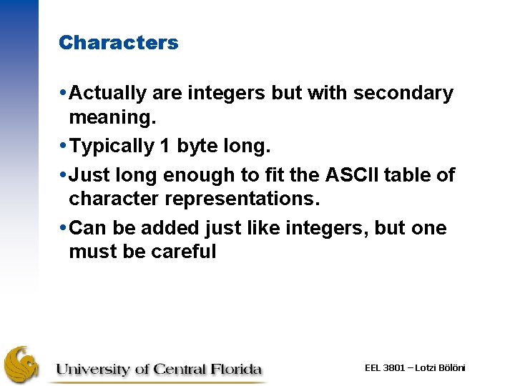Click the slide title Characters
(x=119, y=43)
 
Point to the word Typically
(x=113, y=147)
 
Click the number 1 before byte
(x=165, y=147)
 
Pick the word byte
(x=196, y=147)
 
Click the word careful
(x=181, y=252)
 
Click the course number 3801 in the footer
(x=395, y=368)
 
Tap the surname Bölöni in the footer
(x=451, y=368)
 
